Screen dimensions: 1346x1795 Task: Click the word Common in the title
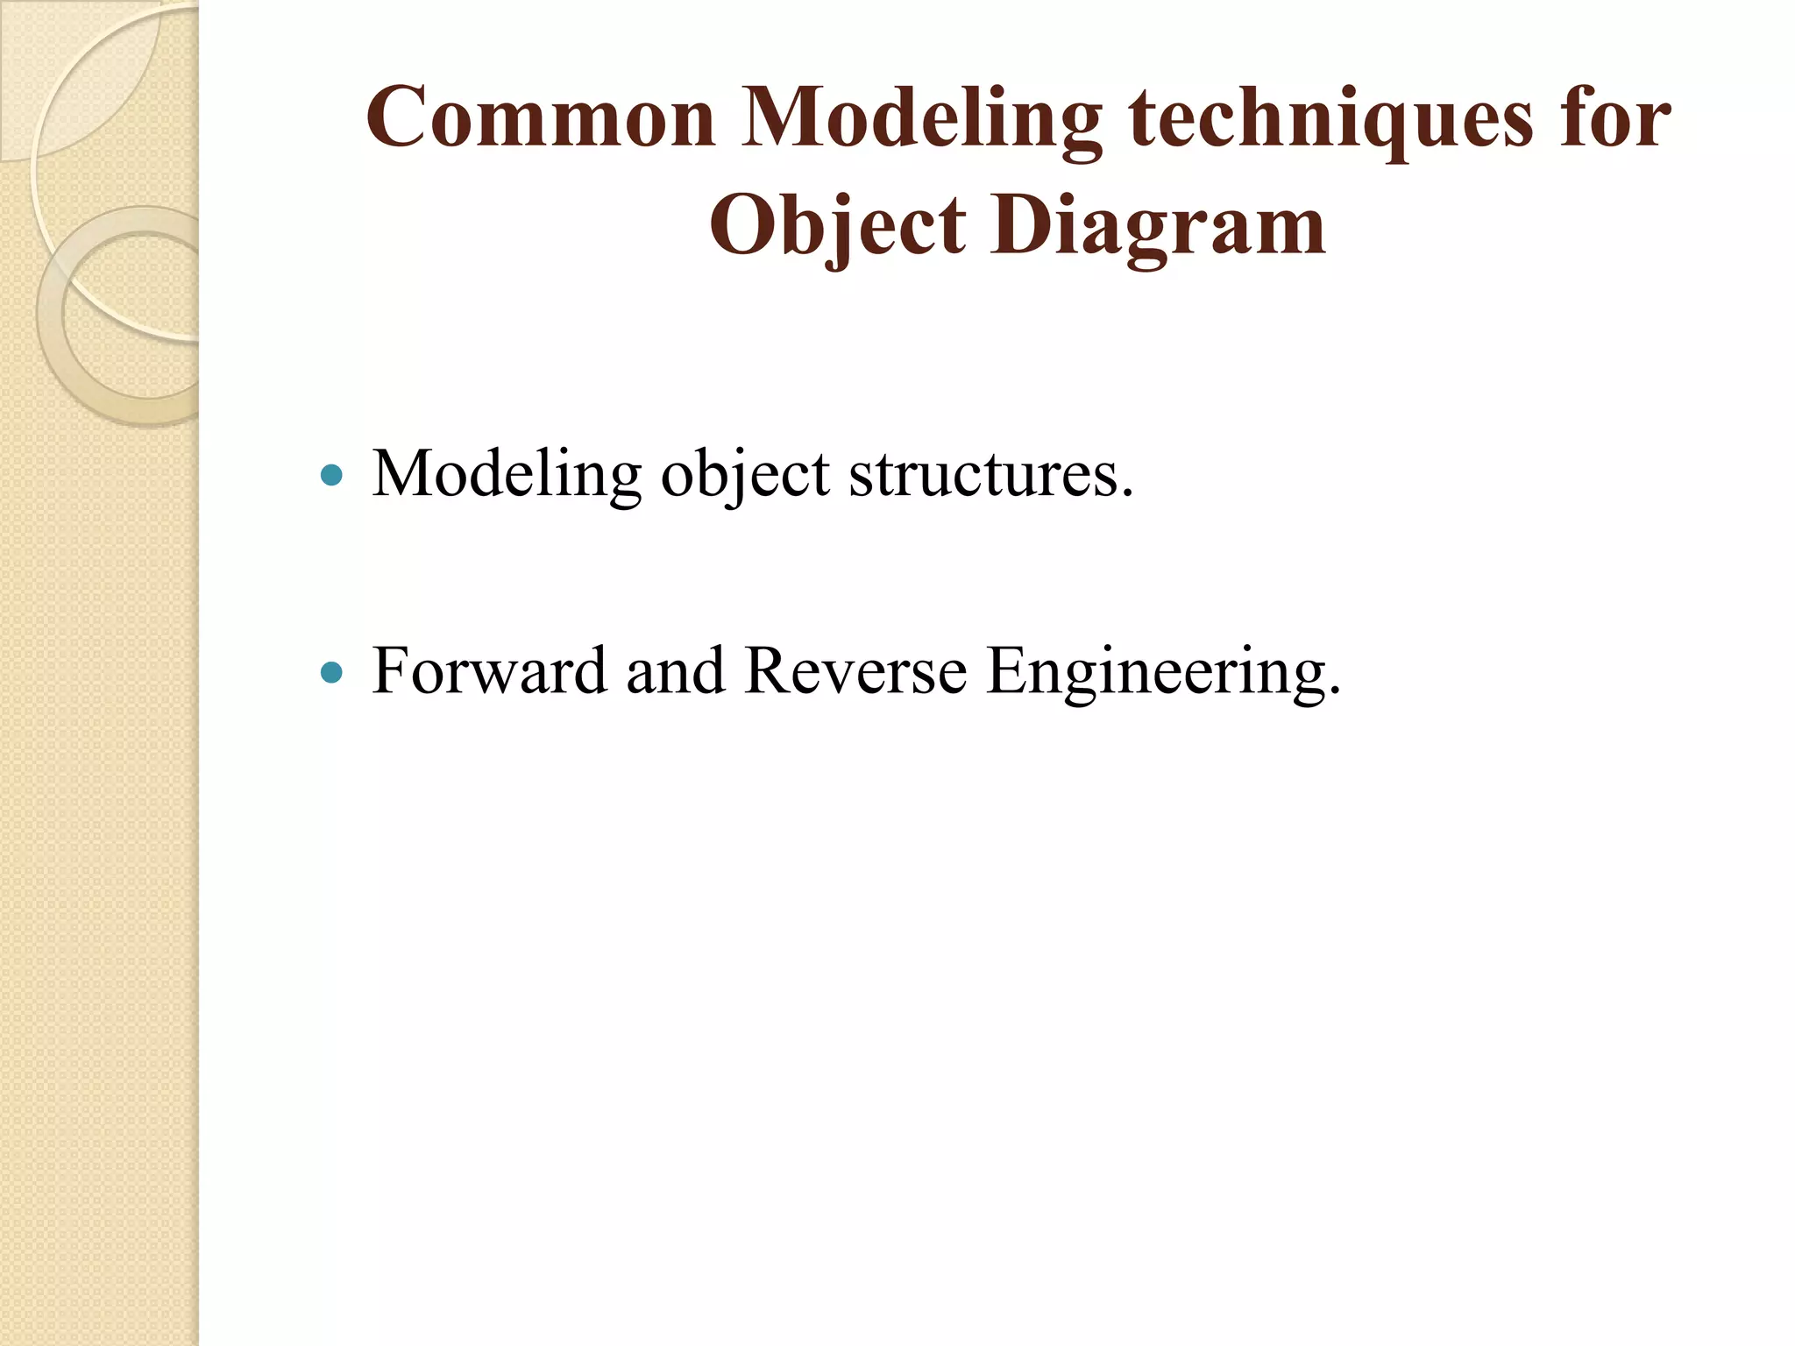coord(541,118)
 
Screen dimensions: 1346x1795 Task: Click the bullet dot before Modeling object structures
coord(331,476)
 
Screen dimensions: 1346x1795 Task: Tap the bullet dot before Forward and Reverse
coord(331,672)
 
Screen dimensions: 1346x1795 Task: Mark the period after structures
coord(1127,495)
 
